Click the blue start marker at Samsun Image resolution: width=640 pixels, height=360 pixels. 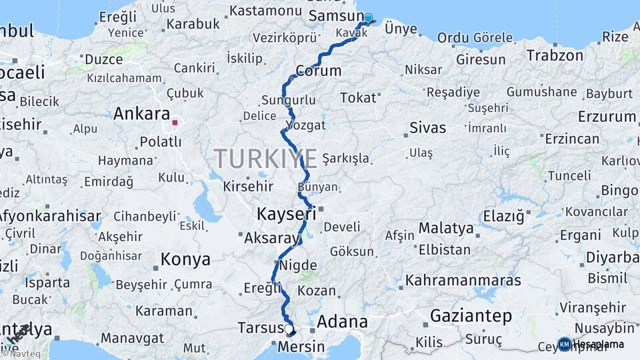coord(367,18)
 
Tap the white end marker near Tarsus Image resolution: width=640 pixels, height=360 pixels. coord(289,329)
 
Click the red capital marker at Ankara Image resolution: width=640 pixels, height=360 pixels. coord(175,122)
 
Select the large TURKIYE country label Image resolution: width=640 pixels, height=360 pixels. coord(265,159)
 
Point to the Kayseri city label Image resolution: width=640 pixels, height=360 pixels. coord(286,214)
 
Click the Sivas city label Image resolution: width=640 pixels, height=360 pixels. coord(427,127)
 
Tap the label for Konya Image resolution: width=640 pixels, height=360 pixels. coord(185,259)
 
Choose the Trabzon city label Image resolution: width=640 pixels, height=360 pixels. coord(555,55)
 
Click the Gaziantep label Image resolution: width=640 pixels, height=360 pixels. coord(471,315)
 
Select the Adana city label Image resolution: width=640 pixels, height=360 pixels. coord(342,322)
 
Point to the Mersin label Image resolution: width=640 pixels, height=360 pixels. coord(300,347)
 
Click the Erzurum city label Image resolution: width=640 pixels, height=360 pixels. coord(607,117)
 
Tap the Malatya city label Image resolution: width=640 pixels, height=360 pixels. coord(446,228)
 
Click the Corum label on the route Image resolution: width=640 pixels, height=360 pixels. coord(318,71)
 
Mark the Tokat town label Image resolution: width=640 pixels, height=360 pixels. coord(358,98)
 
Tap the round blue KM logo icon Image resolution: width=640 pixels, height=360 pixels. coord(564,344)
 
